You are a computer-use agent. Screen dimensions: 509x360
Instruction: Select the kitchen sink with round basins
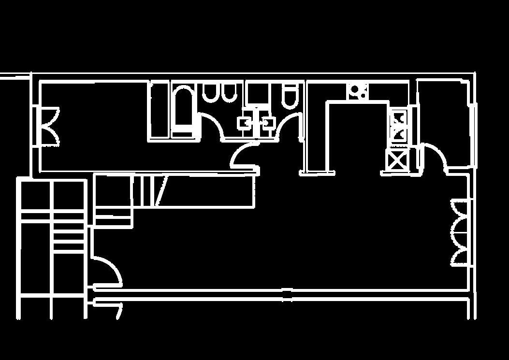click(358, 90)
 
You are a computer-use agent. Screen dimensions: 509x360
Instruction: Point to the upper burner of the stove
click(399, 117)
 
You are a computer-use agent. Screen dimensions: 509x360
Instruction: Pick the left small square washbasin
click(244, 123)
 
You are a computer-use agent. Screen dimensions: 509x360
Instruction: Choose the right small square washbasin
click(268, 123)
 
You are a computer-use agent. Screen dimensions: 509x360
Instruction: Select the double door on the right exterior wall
click(461, 233)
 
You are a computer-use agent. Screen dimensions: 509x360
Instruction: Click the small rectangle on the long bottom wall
click(287, 294)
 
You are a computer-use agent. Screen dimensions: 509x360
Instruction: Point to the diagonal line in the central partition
click(161, 191)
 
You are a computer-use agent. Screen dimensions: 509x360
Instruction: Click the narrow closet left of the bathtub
click(159, 111)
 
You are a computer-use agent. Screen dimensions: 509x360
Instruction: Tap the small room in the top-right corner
click(445, 121)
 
